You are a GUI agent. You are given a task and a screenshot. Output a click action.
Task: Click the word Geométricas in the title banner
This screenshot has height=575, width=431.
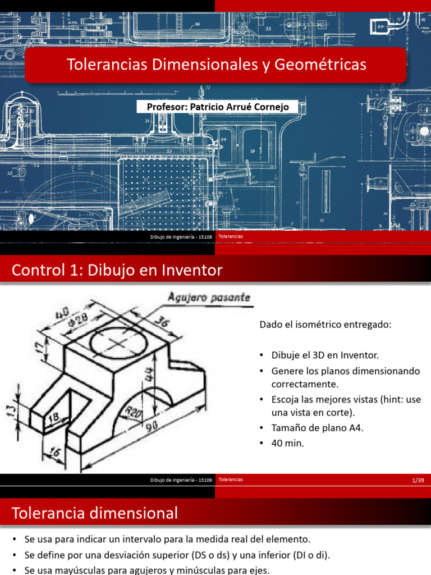tap(321, 65)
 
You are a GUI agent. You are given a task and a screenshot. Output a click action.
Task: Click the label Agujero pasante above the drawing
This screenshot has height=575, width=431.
tap(208, 298)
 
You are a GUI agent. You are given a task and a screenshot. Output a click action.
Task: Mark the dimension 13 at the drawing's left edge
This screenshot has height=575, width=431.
tap(10, 407)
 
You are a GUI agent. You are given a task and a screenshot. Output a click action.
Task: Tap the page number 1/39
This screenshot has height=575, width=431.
tap(417, 480)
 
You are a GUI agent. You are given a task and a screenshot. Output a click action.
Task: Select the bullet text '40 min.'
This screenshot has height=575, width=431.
tap(287, 442)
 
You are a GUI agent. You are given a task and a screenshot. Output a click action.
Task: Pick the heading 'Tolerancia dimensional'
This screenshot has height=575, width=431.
tap(95, 513)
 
